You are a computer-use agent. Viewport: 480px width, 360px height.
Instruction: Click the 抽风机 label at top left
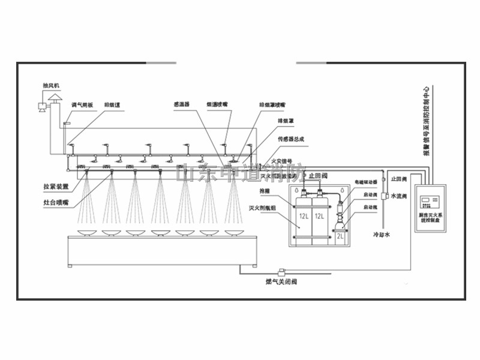51,86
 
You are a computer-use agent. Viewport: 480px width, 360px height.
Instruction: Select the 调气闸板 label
82,104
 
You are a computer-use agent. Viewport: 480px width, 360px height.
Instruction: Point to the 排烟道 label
112,104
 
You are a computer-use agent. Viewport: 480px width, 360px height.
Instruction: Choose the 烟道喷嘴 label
216,104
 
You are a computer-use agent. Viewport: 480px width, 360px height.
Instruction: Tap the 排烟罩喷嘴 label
272,104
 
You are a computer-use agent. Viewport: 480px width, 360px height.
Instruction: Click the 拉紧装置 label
56,187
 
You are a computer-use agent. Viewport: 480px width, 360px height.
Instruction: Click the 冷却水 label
382,235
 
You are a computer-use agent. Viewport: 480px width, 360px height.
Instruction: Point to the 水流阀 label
400,196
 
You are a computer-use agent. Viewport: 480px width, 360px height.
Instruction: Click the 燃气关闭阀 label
281,281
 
